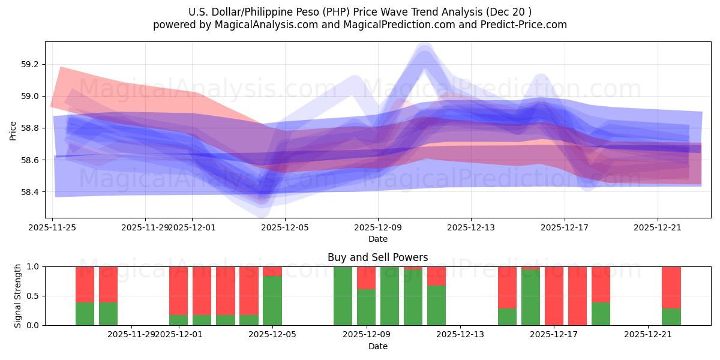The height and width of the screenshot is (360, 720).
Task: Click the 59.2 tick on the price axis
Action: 30,64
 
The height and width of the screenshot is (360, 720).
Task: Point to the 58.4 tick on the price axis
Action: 30,192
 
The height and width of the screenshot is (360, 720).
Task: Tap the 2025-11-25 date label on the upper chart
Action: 52,227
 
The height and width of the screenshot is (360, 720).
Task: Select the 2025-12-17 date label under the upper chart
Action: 564,227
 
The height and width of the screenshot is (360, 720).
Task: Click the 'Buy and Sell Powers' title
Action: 377,257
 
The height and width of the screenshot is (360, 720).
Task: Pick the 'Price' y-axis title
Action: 13,130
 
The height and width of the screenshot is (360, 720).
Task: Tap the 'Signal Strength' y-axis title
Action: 18,296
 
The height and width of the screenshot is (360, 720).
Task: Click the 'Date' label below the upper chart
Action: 377,239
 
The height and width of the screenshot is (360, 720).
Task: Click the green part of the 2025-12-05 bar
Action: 272,300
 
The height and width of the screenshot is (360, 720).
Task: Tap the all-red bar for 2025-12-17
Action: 554,296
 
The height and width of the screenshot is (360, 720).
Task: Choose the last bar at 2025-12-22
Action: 671,296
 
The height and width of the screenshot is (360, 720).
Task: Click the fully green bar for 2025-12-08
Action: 343,296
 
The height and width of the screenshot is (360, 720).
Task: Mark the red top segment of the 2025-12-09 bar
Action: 366,277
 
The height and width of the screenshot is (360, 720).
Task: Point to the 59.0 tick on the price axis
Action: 30,96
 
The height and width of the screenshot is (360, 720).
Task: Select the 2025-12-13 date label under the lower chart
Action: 460,334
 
